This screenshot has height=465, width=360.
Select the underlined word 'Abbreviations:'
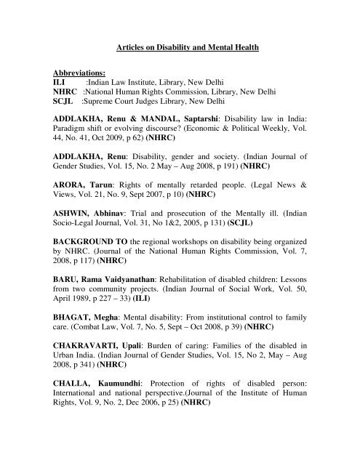(80, 73)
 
